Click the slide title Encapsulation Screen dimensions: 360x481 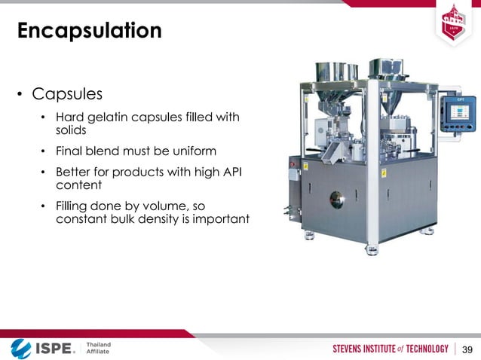click(x=89, y=31)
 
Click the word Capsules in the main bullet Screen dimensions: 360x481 click(x=67, y=95)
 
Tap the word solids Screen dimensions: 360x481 click(x=72, y=130)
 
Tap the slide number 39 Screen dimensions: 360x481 click(x=467, y=349)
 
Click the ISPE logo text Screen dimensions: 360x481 click(x=53, y=349)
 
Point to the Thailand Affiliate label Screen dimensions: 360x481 click(x=98, y=349)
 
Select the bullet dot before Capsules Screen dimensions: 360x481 click(x=20, y=96)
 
